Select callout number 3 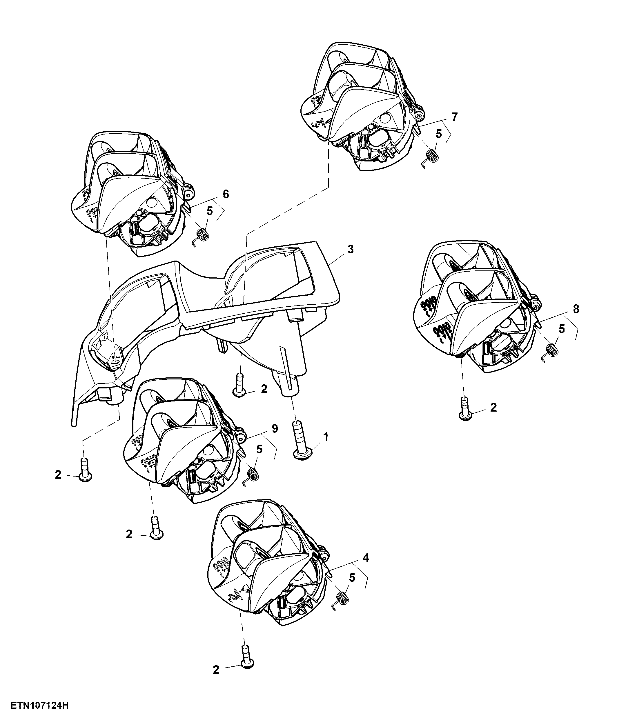(x=350, y=249)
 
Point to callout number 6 (x=226, y=194)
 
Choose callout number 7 (x=455, y=117)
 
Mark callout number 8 (x=576, y=309)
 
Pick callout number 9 (x=275, y=429)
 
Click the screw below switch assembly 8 (x=465, y=409)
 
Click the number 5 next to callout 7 (x=439, y=134)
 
